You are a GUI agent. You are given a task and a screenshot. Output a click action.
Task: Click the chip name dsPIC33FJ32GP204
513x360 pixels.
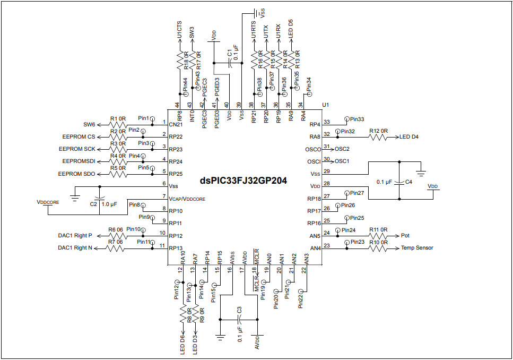pyautogui.click(x=244, y=181)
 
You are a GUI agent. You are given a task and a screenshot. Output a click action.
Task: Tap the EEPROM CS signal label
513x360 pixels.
pyautogui.click(x=77, y=136)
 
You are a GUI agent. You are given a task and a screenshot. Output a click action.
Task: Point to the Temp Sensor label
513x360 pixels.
pyautogui.click(x=417, y=248)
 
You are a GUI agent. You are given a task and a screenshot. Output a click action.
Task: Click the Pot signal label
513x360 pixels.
pyautogui.click(x=406, y=235)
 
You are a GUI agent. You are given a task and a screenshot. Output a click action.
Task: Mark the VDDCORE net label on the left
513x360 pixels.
pyautogui.click(x=48, y=202)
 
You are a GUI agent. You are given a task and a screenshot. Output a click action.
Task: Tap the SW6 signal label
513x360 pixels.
pyautogui.click(x=89, y=124)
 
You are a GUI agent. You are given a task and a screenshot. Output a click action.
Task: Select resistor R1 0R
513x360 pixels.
pyautogui.click(x=118, y=124)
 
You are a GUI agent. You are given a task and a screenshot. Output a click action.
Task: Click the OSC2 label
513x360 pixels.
pyautogui.click(x=342, y=149)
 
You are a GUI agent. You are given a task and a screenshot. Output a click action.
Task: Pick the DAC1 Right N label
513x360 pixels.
pyautogui.click(x=75, y=248)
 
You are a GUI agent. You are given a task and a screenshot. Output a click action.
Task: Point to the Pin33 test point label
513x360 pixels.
pyautogui.click(x=357, y=119)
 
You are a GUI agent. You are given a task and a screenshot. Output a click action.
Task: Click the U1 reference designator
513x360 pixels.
pyautogui.click(x=326, y=105)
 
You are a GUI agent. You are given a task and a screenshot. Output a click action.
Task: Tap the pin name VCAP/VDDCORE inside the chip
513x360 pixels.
pyautogui.click(x=187, y=198)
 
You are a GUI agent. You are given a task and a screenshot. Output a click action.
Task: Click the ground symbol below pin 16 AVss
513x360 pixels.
pyautogui.click(x=220, y=336)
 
